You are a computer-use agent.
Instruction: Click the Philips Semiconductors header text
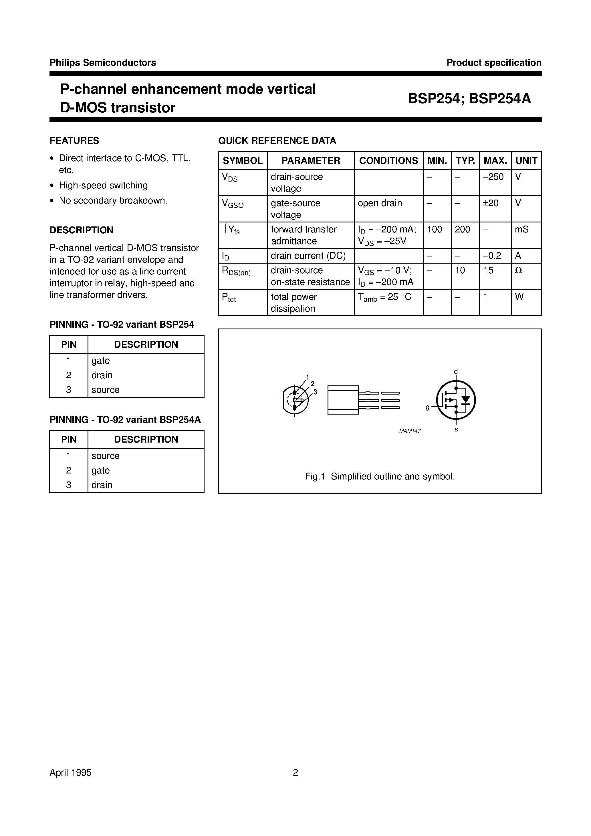click(x=103, y=63)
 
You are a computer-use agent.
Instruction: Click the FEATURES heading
click(x=74, y=141)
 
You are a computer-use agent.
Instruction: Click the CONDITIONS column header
click(x=388, y=161)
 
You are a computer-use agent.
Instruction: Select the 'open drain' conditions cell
click(x=380, y=203)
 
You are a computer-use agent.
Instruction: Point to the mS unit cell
click(x=521, y=229)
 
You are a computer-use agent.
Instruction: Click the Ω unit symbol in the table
click(x=519, y=270)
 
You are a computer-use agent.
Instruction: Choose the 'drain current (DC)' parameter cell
click(x=308, y=256)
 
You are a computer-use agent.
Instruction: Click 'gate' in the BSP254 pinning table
click(x=101, y=361)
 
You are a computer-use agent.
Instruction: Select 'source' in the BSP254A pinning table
click(x=105, y=456)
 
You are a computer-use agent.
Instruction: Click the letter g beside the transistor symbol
click(x=427, y=408)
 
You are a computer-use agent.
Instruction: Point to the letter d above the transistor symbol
click(x=455, y=371)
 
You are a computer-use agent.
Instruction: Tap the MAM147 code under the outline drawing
click(x=410, y=431)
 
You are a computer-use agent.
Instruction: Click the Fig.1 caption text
click(x=380, y=477)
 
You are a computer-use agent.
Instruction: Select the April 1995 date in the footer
click(x=71, y=773)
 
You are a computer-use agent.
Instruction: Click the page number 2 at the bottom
click(x=295, y=773)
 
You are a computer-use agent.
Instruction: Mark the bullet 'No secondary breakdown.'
click(x=113, y=201)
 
